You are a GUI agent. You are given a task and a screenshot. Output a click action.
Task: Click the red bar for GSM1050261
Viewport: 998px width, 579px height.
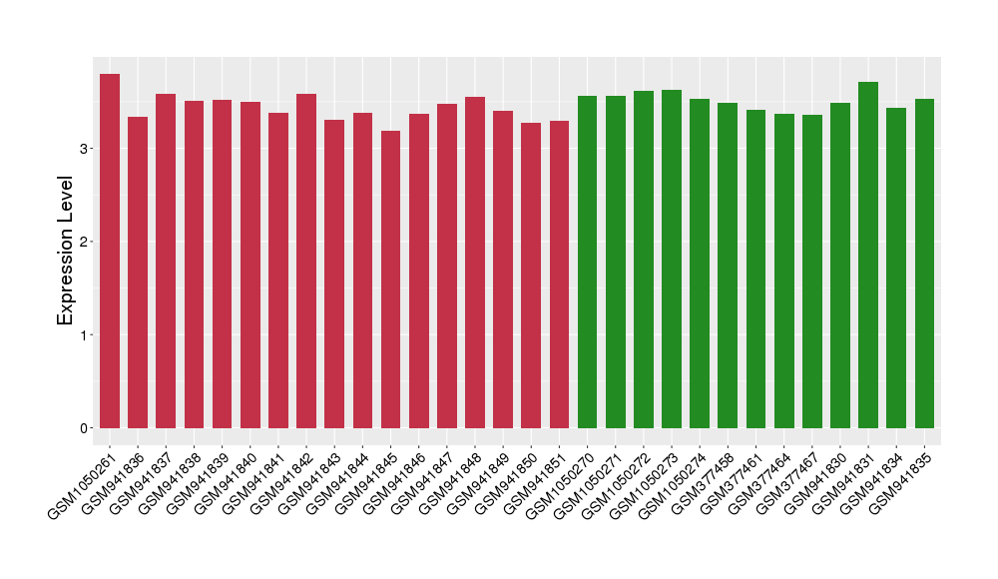tap(110, 251)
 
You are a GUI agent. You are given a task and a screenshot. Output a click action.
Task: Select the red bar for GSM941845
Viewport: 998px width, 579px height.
tap(390, 280)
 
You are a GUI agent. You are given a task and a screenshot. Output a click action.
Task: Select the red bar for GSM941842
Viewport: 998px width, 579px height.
tap(306, 261)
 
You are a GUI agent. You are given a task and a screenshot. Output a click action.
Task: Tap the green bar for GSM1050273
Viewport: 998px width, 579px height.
tap(672, 259)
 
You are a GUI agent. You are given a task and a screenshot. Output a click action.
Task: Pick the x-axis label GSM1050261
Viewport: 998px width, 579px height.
tap(80, 487)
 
